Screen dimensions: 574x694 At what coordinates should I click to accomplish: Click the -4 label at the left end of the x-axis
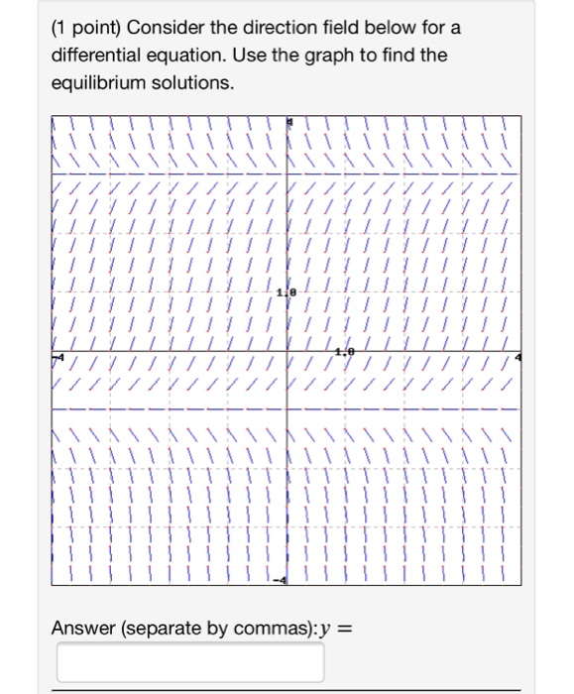(x=57, y=356)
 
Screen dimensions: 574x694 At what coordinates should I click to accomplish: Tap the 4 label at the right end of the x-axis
(x=517, y=356)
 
